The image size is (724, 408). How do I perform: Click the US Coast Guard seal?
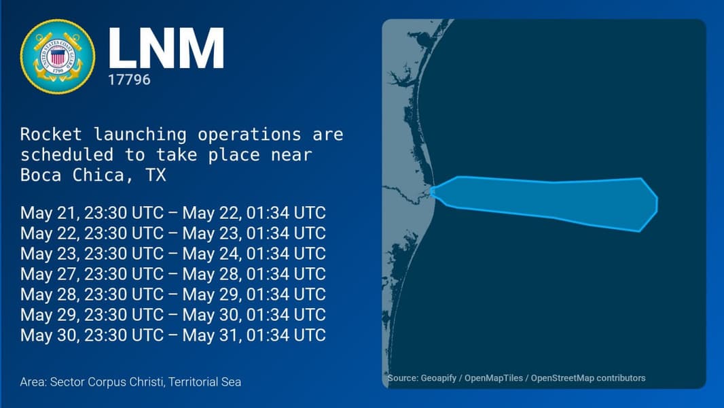click(58, 56)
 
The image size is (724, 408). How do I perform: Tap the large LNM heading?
click(166, 48)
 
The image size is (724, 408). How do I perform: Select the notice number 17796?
click(129, 80)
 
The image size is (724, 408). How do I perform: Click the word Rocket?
click(51, 134)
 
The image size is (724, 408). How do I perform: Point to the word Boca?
click(41, 175)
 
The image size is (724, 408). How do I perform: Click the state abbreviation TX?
click(156, 175)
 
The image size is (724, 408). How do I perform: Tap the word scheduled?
click(67, 154)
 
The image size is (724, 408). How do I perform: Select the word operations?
click(249, 135)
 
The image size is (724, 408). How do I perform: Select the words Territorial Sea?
click(204, 382)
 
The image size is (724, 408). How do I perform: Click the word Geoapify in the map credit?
click(438, 378)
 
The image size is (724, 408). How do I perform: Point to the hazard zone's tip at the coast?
click(431, 190)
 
